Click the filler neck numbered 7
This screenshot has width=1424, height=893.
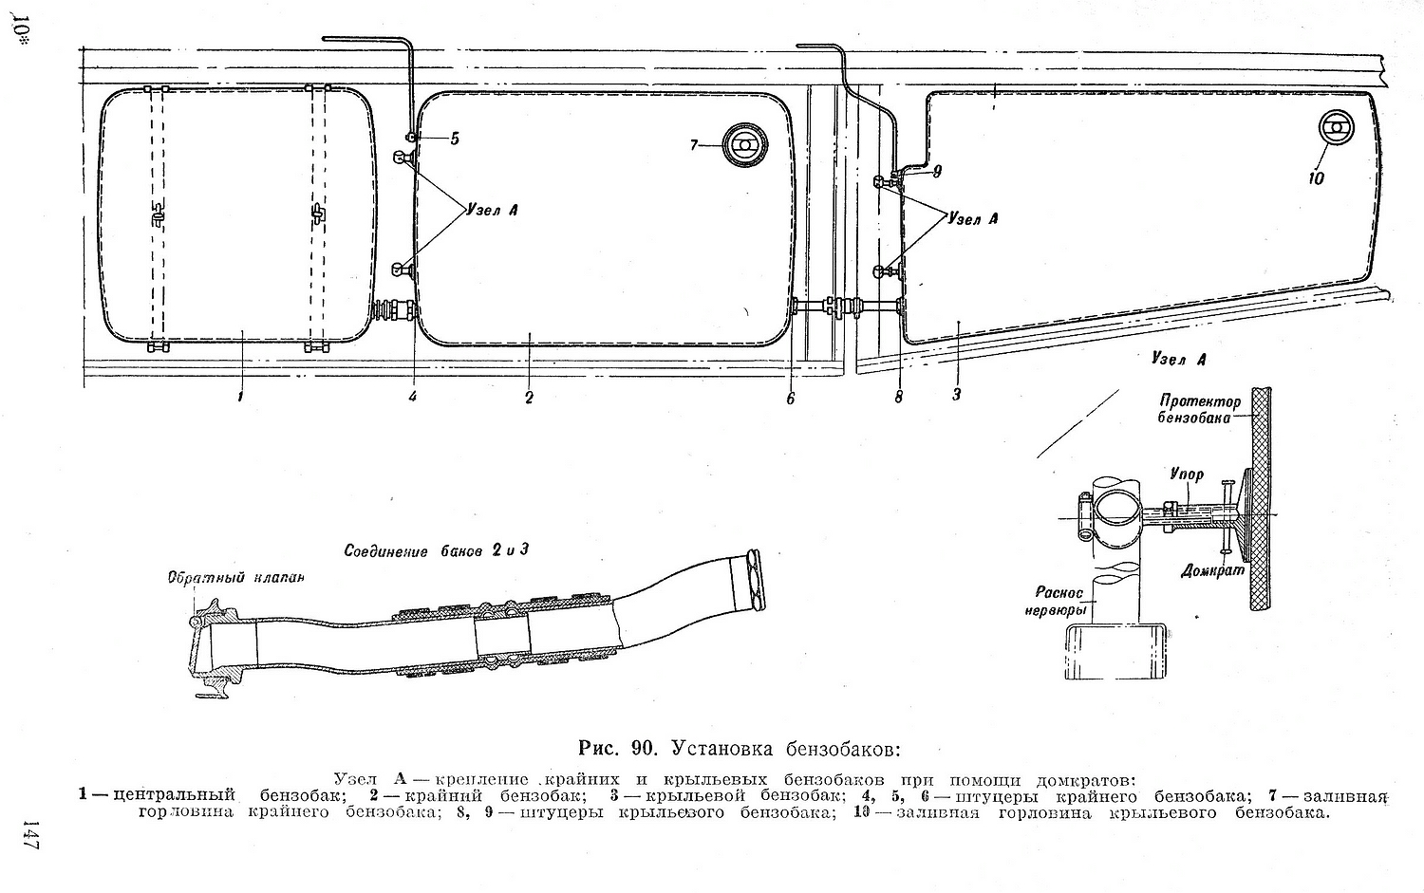pyautogui.click(x=743, y=146)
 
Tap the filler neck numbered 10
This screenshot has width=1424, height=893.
pyautogui.click(x=1337, y=130)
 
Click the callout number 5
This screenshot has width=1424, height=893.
pyautogui.click(x=455, y=140)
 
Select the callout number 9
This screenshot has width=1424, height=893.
pyautogui.click(x=936, y=172)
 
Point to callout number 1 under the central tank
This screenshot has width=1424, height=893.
pyautogui.click(x=241, y=397)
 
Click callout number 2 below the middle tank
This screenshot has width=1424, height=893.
pyautogui.click(x=529, y=398)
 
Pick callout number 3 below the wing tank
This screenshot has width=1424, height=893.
pyautogui.click(x=957, y=394)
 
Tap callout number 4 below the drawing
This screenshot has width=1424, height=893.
pyautogui.click(x=413, y=397)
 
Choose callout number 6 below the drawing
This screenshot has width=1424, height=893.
pyautogui.click(x=790, y=399)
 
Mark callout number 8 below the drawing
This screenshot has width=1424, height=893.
pyautogui.click(x=898, y=398)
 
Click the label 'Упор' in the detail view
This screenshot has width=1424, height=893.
pyautogui.click(x=1186, y=474)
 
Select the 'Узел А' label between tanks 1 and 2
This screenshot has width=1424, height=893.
pyautogui.click(x=491, y=210)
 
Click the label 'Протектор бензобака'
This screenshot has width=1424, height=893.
pyautogui.click(x=1199, y=409)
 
